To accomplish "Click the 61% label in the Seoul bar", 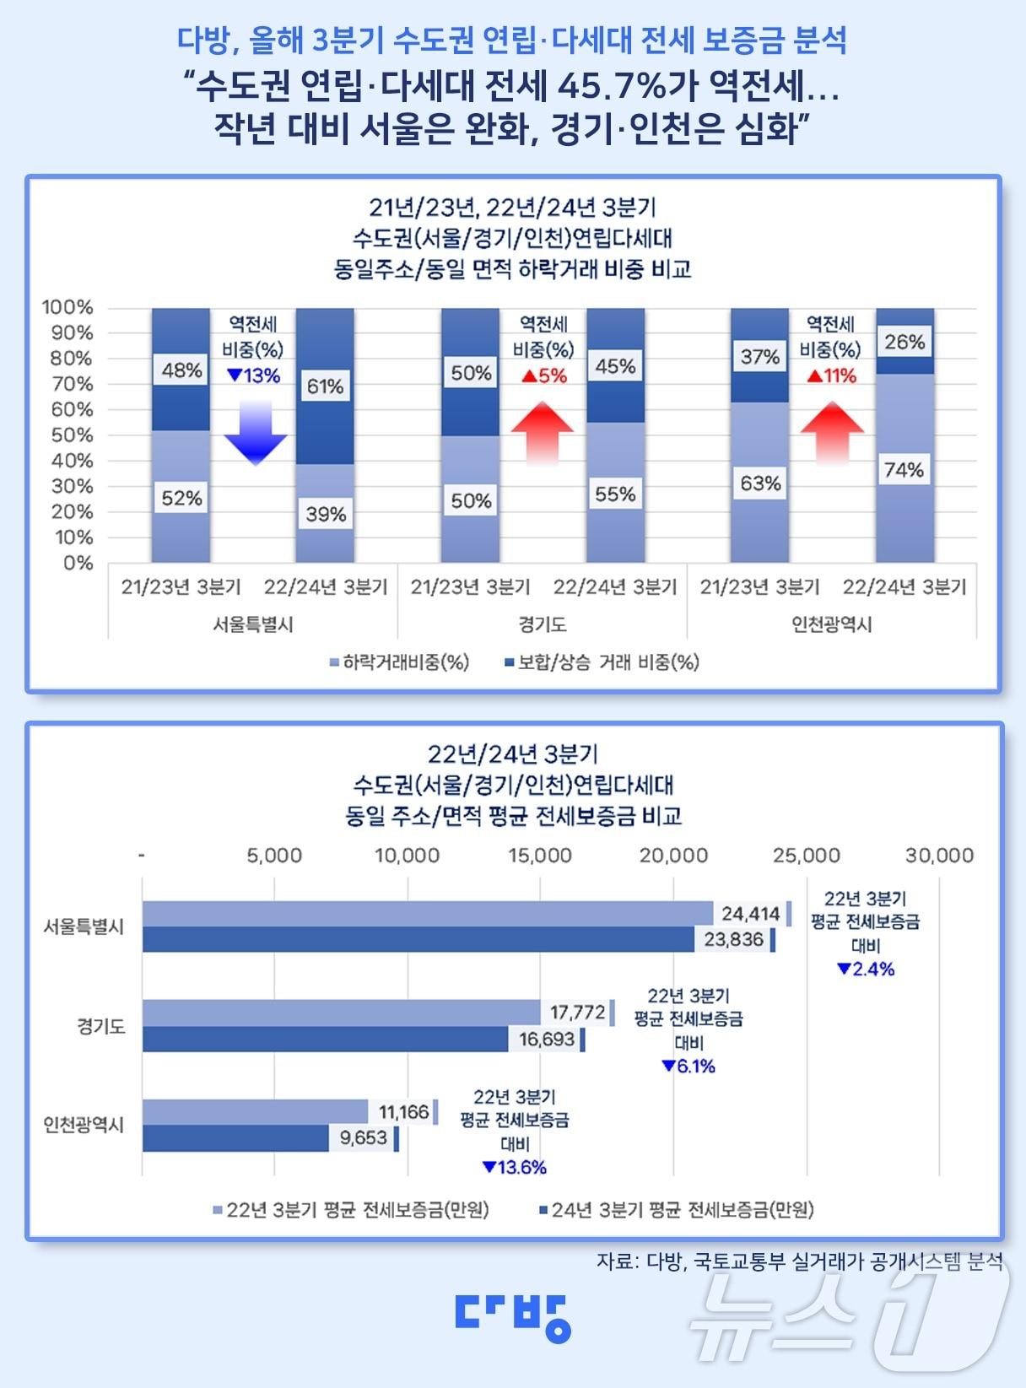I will click(325, 386).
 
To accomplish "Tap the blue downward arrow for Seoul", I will click(256, 433).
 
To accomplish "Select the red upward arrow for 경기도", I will click(542, 433).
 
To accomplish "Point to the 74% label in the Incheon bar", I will click(904, 470).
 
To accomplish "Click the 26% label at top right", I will click(904, 343).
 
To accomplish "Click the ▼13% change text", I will click(253, 376).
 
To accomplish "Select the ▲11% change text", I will click(831, 376).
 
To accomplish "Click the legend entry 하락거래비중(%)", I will click(399, 663).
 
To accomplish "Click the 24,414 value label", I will click(750, 913).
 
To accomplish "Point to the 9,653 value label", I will click(363, 1138).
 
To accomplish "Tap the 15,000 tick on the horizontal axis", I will click(540, 856).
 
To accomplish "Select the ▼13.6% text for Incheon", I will click(515, 1168).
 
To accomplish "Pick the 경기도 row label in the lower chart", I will click(101, 1027).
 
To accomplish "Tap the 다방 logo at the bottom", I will click(513, 1316).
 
